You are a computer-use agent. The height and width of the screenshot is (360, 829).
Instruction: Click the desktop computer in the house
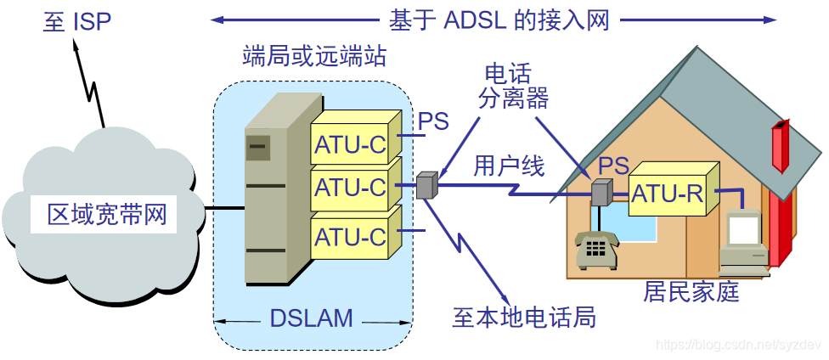(x=745, y=242)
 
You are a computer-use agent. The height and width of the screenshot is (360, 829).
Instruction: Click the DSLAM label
(x=311, y=318)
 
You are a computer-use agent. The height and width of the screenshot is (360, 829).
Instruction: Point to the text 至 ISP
(x=77, y=21)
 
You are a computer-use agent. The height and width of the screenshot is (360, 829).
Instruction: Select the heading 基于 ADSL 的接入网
(x=499, y=20)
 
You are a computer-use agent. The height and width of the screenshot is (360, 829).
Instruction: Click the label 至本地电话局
(x=524, y=318)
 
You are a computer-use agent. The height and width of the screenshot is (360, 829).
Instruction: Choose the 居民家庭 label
(x=691, y=292)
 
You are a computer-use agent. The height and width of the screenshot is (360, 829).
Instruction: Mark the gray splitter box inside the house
(x=601, y=193)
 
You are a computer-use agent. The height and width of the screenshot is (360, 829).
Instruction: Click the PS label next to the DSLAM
(x=433, y=122)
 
